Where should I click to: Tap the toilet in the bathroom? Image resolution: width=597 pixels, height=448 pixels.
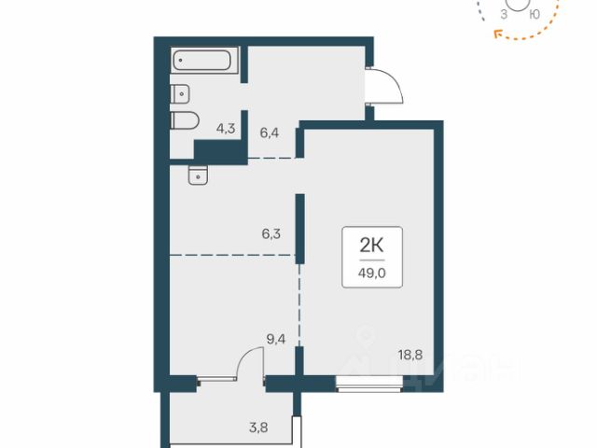tap(185, 120)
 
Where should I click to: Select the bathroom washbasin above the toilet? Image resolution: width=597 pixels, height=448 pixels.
tap(180, 93)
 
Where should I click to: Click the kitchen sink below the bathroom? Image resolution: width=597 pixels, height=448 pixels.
tap(198, 175)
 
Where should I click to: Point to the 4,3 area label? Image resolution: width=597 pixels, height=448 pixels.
tap(226, 129)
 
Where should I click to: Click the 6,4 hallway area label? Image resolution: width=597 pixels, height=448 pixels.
tap(270, 133)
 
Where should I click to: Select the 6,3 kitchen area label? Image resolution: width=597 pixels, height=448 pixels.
tap(271, 233)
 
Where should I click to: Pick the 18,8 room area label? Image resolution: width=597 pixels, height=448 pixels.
tap(410, 355)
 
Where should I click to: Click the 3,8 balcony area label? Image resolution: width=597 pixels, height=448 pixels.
tap(258, 427)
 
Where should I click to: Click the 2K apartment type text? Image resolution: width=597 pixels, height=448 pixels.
tap(372, 246)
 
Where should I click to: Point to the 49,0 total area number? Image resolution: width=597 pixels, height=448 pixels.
tap(372, 273)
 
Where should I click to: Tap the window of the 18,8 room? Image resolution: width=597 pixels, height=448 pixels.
tap(369, 384)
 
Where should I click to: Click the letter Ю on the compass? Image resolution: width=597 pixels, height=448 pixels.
tap(535, 15)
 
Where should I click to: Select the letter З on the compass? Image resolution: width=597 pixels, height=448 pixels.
tap(504, 15)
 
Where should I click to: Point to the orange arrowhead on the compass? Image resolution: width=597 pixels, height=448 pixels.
tap(497, 35)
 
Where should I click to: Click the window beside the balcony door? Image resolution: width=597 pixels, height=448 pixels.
tap(216, 379)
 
